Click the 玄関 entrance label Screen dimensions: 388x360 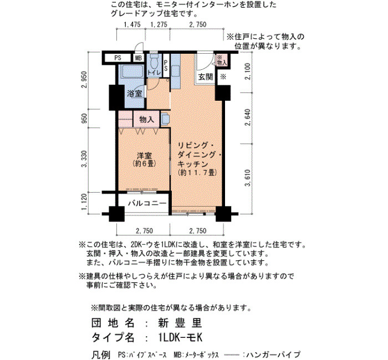click(x=206, y=77)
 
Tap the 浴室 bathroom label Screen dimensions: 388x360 click(x=134, y=94)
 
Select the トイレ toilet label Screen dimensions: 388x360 click(x=155, y=73)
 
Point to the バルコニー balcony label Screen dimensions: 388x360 click(x=147, y=203)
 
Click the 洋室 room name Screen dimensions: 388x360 click(x=145, y=156)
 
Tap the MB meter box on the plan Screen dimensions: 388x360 click(x=139, y=58)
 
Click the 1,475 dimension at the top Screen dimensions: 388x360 click(x=132, y=24)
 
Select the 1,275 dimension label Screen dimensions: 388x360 click(x=159, y=24)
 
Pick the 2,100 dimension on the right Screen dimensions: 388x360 click(x=248, y=71)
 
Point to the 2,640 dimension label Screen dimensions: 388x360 click(x=248, y=117)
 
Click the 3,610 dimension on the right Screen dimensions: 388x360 click(x=248, y=178)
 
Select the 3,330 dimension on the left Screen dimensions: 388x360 click(x=84, y=159)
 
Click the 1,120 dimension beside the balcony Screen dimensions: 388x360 click(x=84, y=203)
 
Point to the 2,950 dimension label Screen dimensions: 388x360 click(x=84, y=80)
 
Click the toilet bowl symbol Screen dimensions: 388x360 click(x=154, y=62)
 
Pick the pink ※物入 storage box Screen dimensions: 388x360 click(x=222, y=60)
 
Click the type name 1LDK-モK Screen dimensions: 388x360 click(x=180, y=337)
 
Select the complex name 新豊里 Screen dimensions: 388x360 click(x=180, y=323)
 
